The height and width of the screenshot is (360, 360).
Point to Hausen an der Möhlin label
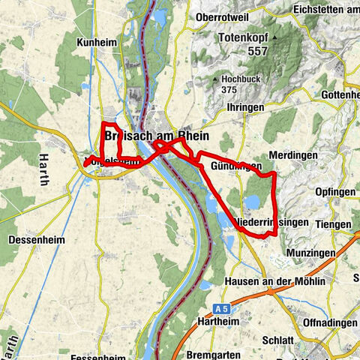[x=274, y=281]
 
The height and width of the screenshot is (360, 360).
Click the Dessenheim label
[x=36, y=241]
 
